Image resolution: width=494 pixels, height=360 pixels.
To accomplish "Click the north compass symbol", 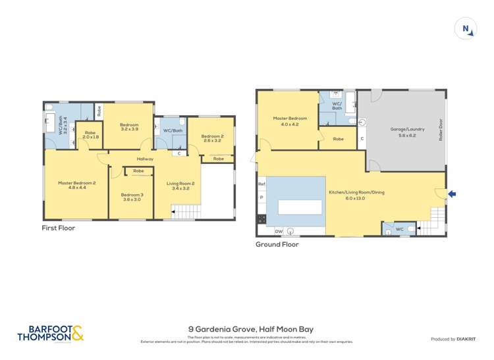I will (466, 28).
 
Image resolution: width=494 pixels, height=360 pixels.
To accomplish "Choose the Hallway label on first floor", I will (146, 159).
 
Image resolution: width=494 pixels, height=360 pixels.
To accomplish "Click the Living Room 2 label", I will (176, 186).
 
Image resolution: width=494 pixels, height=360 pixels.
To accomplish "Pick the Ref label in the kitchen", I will (261, 184).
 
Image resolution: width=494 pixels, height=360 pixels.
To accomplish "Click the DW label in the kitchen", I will (279, 231).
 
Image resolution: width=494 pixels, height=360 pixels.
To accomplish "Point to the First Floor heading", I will (58, 228).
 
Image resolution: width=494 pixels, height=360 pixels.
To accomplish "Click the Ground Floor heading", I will (277, 244).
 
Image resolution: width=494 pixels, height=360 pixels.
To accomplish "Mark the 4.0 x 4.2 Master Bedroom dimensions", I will (290, 124).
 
